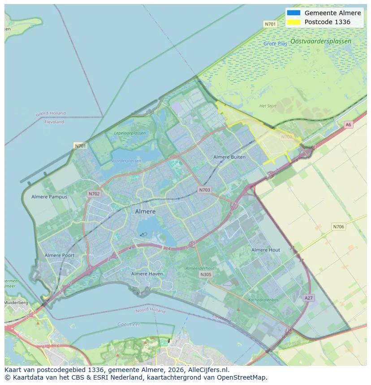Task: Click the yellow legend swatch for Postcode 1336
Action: (293, 22)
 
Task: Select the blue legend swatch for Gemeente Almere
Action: (293, 13)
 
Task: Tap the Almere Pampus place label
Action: (49, 197)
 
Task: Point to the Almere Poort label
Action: (60, 255)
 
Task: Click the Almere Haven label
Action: (147, 274)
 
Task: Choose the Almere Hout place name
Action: (266, 250)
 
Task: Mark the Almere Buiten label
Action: (229, 157)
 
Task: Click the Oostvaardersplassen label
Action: (320, 41)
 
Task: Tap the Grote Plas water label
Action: (276, 44)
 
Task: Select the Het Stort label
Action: (268, 106)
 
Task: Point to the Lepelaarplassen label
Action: (130, 133)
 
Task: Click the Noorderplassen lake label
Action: (125, 161)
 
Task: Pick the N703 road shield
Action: (204, 190)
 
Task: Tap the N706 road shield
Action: (339, 227)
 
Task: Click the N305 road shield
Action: (206, 275)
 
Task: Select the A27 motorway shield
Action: (308, 298)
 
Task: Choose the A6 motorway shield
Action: (348, 125)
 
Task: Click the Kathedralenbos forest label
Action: (263, 300)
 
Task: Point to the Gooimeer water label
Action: (129, 324)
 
